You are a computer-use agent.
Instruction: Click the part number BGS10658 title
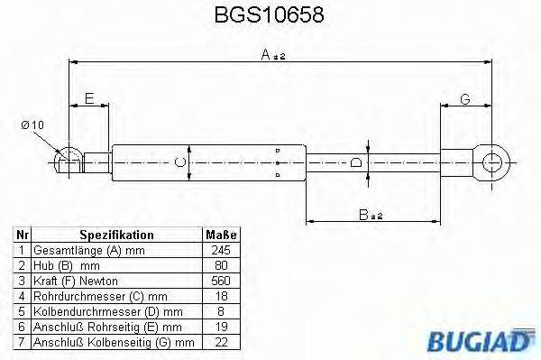[270, 16]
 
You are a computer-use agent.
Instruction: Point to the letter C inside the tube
[179, 162]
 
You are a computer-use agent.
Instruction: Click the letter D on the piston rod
[356, 162]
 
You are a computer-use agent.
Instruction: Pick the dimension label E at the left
[89, 98]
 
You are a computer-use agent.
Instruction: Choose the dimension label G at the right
[464, 98]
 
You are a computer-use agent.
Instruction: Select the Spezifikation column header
[116, 235]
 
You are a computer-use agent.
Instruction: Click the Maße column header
[220, 235]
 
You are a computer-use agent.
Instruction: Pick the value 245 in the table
[220, 250]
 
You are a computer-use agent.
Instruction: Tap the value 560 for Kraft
[220, 280]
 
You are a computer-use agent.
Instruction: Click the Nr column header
[22, 235]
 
